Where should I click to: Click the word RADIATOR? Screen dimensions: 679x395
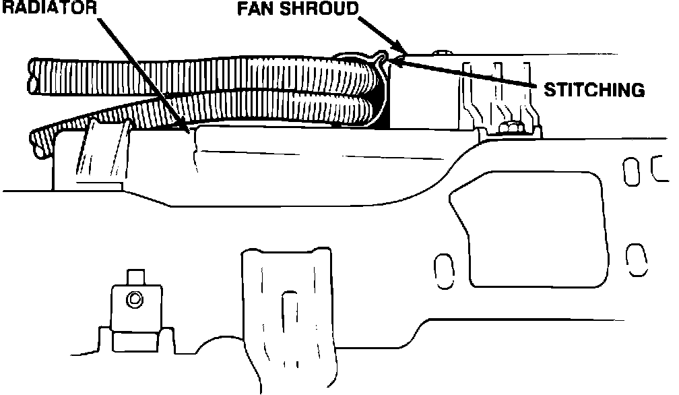(46, 7)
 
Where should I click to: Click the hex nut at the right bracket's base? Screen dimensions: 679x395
(513, 127)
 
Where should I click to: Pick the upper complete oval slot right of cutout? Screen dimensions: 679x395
(630, 171)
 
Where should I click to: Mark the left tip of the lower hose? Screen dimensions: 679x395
(36, 144)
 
